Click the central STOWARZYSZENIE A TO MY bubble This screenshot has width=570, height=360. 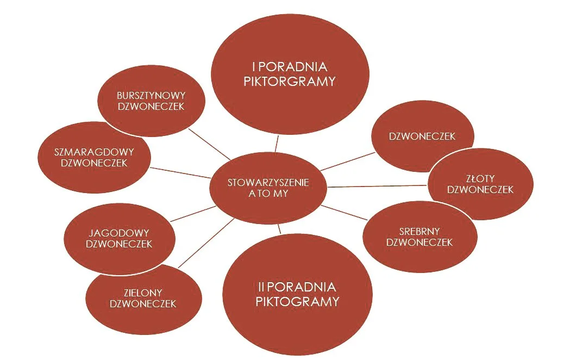(268, 188)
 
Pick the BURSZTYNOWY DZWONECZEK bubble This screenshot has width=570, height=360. (151, 101)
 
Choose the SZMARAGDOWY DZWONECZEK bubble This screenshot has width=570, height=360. (94, 157)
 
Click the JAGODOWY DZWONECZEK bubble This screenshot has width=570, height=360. (119, 238)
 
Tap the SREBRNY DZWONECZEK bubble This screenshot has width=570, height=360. (419, 236)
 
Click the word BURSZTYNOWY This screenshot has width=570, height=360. (151, 95)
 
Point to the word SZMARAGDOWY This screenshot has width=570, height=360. (94, 152)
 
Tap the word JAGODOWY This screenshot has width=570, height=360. (119, 233)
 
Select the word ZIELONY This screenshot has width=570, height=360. (143, 293)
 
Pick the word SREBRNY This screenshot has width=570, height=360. (419, 231)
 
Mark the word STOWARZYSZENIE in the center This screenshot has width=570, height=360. (268, 183)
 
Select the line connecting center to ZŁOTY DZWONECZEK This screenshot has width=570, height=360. (378, 186)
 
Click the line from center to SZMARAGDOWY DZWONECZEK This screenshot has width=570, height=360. (181, 172)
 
